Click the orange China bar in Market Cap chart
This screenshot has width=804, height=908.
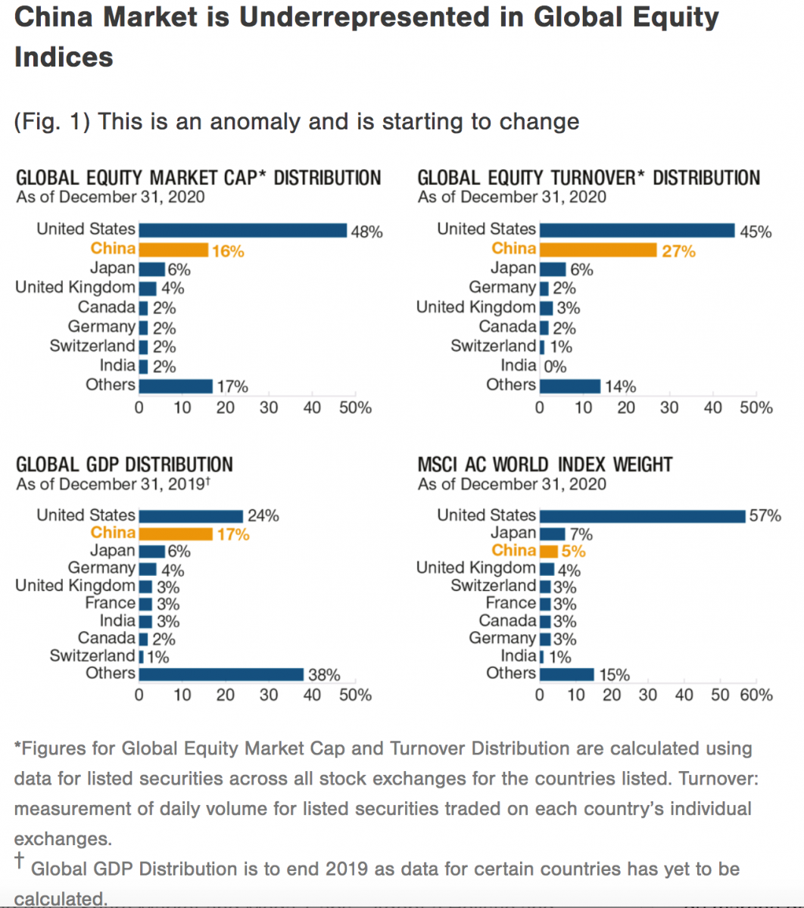pos(173,250)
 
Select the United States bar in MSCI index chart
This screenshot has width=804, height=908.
pos(642,516)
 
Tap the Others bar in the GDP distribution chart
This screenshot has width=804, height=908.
pos(221,674)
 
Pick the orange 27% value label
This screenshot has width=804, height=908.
pos(678,251)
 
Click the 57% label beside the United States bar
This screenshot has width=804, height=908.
pos(765,516)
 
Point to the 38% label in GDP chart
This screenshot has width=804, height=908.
pos(323,675)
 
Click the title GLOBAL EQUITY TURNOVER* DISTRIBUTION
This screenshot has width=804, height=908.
pos(589,179)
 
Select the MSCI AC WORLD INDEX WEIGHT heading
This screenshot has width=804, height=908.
pos(545,465)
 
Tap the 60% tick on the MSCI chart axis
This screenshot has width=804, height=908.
pos(756,695)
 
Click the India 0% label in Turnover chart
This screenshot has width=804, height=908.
pos(555,367)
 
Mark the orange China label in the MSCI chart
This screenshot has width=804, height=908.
pos(513,550)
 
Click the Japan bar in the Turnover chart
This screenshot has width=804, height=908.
pos(553,269)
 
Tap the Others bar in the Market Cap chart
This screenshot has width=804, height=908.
pos(176,387)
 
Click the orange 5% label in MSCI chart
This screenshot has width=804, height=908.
pos(573,552)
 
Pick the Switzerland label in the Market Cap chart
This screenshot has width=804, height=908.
pos(92,346)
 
